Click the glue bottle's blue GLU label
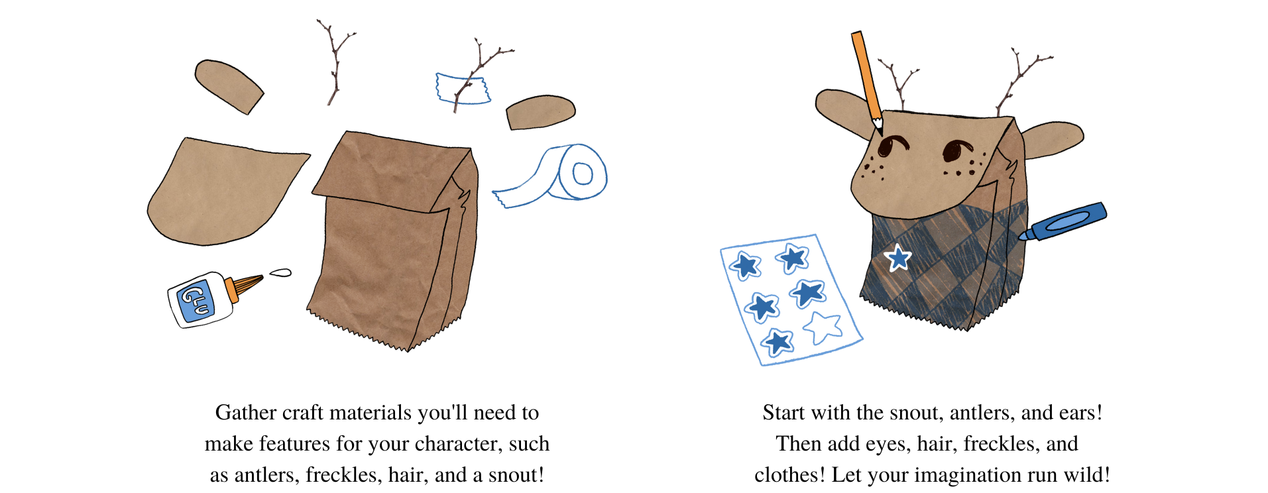(x=196, y=301)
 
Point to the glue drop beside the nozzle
(x=280, y=272)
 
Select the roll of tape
(x=553, y=176)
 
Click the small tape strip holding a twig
(x=463, y=89)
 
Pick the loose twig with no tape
(x=337, y=62)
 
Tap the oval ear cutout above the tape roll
(x=540, y=112)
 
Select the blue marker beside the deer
(x=1063, y=222)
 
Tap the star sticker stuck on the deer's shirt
(x=898, y=257)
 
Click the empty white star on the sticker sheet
(x=823, y=327)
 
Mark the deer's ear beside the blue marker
(x=1052, y=139)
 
